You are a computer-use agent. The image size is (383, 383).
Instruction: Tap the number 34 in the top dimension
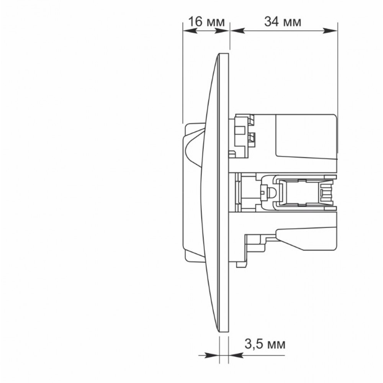tap(272, 21)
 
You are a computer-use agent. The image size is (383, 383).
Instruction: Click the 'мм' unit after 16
tap(215, 23)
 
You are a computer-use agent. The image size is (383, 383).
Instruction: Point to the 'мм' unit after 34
tap(292, 23)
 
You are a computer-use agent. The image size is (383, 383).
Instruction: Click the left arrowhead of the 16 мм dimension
tap(190, 31)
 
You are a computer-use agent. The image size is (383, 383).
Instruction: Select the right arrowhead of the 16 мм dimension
tap(222, 31)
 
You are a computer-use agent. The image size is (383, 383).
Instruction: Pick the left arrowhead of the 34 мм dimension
tap(237, 31)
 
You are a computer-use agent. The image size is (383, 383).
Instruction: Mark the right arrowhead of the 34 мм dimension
tap(331, 31)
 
